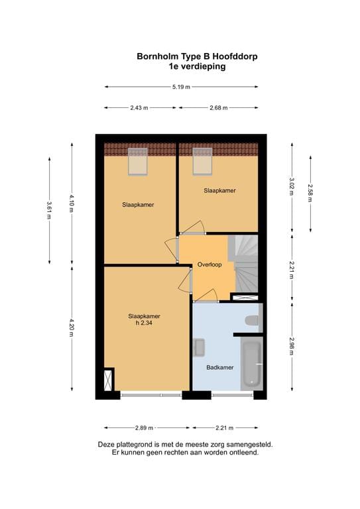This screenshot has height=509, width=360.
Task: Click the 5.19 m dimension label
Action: point(181,87)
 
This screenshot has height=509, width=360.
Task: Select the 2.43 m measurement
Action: point(139,108)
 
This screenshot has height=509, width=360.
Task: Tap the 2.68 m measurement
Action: point(219,108)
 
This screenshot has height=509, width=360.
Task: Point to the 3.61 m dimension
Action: point(49,210)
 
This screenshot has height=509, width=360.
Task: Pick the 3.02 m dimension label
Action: point(292,186)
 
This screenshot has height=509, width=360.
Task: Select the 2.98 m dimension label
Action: point(292,346)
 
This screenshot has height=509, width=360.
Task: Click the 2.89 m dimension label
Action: point(144,428)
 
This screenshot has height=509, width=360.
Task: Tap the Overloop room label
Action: point(210,264)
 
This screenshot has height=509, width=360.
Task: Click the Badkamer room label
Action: point(220,367)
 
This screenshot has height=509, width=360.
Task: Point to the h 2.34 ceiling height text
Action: point(144,323)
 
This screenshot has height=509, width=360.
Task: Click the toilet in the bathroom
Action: point(252,321)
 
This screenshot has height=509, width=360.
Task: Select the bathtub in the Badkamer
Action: point(252,364)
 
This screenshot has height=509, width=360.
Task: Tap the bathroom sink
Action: point(199,347)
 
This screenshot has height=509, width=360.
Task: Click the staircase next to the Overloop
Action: point(243,264)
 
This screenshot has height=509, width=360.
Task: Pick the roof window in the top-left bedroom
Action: point(138,161)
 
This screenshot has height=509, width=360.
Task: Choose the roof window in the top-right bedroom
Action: point(203,161)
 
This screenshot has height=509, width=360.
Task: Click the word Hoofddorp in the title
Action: point(235,56)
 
